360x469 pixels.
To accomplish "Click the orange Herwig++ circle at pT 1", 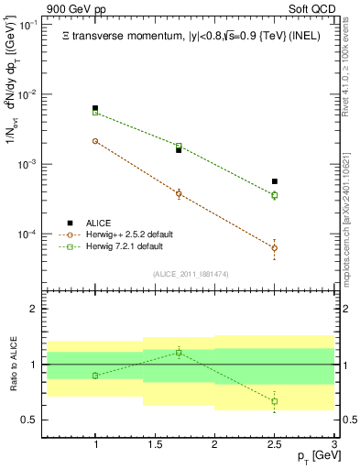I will tap(95, 141).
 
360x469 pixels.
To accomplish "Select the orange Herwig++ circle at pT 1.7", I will tap(179, 193).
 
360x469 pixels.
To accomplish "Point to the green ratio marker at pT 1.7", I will tap(179, 352).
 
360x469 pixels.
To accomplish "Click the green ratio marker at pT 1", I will tap(95, 376).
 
